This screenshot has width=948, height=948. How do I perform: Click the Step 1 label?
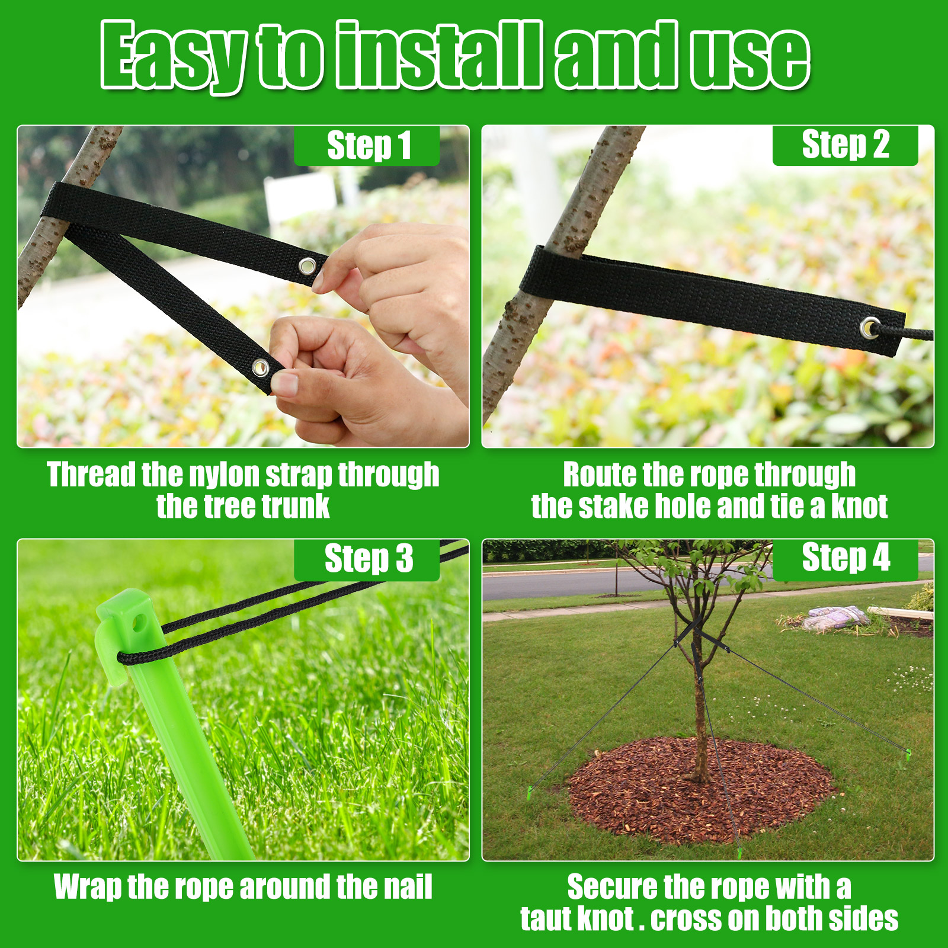[x=368, y=145]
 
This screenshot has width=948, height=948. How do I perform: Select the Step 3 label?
[x=368, y=559]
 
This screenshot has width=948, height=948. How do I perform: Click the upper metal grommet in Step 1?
[x=308, y=266]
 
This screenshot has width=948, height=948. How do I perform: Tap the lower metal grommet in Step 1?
[x=260, y=368]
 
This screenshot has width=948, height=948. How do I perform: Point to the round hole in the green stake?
[x=140, y=623]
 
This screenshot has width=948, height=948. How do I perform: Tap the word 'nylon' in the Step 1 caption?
[x=225, y=475]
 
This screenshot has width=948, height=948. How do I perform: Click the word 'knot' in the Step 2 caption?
[x=859, y=507]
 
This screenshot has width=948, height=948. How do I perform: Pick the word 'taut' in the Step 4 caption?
[x=546, y=919]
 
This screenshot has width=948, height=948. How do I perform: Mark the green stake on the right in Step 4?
[x=908, y=754]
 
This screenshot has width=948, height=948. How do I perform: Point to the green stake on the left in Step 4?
[x=529, y=792]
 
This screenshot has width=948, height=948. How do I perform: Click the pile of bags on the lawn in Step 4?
[x=836, y=618]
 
